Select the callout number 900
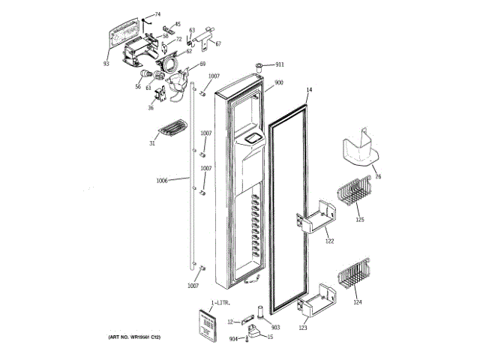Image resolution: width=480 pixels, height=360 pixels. click(278, 82)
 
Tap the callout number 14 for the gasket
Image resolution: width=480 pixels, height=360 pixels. click(308, 89)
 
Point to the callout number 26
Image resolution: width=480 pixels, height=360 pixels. click(378, 177)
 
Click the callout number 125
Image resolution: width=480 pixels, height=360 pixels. click(360, 220)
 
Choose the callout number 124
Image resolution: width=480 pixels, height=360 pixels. click(357, 302)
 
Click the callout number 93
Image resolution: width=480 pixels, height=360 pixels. click(106, 64)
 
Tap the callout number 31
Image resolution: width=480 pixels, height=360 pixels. click(152, 144)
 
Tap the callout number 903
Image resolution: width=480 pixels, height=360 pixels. click(274, 328)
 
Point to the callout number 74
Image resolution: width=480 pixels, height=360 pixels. click(157, 14)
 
